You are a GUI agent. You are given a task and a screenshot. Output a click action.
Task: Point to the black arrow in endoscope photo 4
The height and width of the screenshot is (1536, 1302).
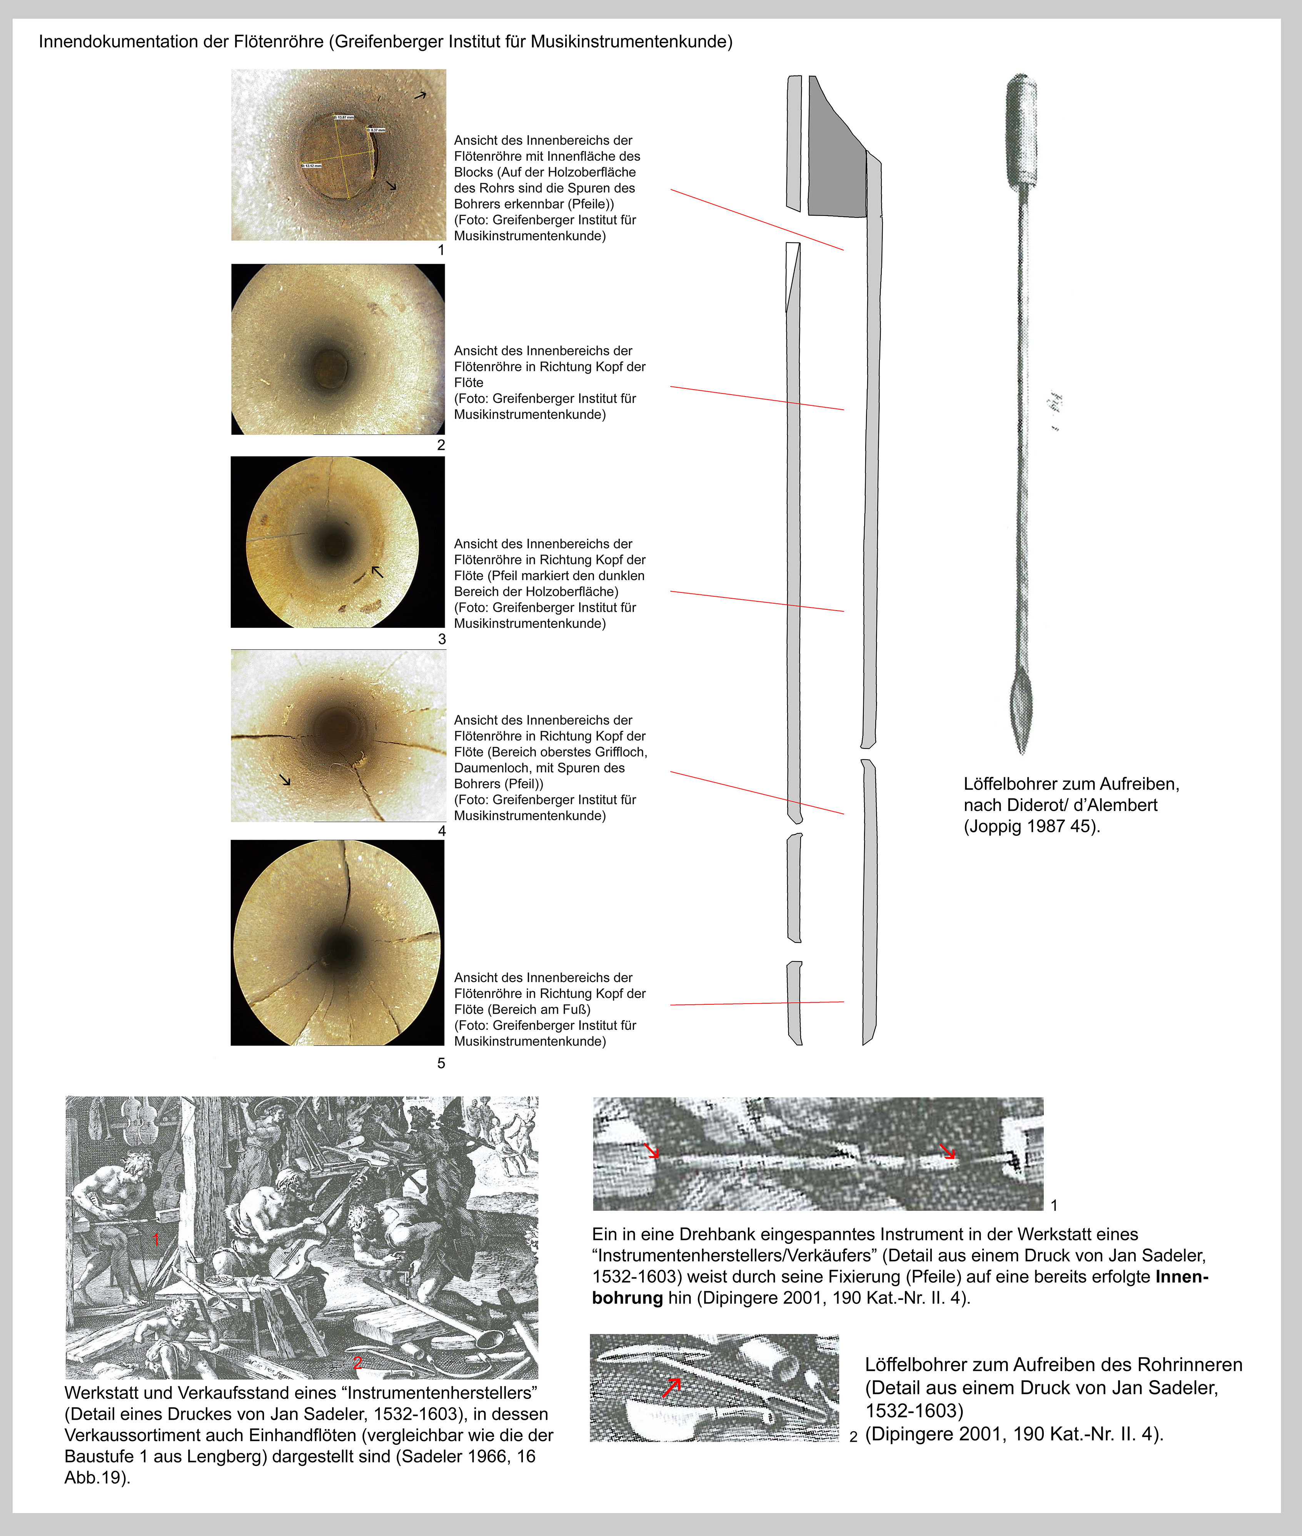click(285, 779)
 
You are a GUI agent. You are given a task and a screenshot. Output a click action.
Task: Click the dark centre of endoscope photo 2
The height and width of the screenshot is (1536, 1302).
click(327, 363)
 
